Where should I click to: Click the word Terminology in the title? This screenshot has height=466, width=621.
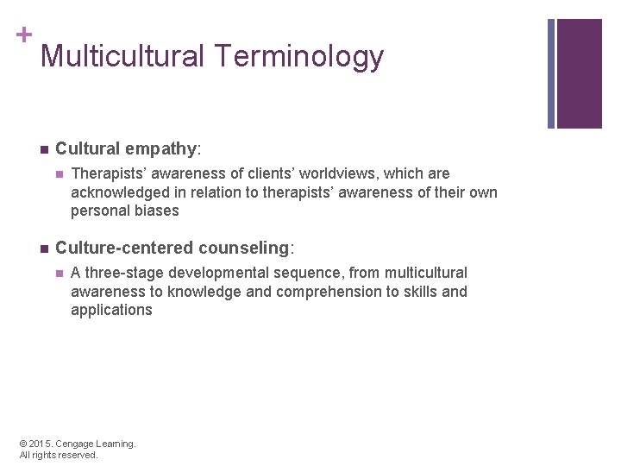[x=300, y=57]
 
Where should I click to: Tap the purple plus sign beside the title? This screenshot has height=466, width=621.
[x=23, y=35]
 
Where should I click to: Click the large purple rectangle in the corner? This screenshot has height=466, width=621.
[x=579, y=73]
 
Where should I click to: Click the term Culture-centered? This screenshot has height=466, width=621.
[x=123, y=249]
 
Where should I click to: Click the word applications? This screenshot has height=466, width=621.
[x=111, y=310]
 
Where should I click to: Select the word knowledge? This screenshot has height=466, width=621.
[x=204, y=292]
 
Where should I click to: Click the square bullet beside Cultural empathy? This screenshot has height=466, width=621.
[x=42, y=149]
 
